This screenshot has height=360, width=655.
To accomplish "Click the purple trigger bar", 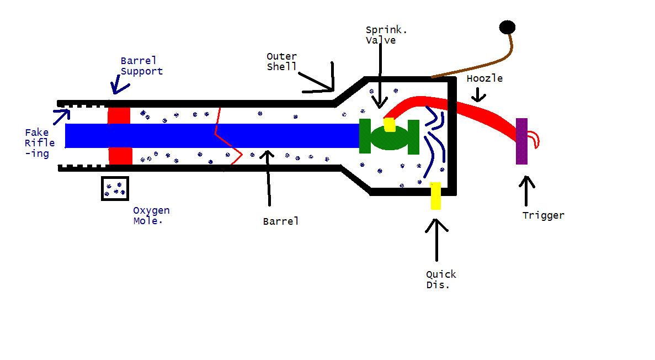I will [x=521, y=141].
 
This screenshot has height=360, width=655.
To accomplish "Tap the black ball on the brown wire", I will [x=507, y=27].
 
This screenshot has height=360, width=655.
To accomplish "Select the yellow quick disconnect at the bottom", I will [x=435, y=195].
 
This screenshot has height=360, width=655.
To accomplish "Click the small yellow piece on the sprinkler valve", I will [x=390, y=125].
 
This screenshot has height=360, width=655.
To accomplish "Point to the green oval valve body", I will [x=389, y=138].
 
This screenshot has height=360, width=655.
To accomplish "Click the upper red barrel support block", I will [x=119, y=115].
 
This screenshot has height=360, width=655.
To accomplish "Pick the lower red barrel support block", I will [x=120, y=156].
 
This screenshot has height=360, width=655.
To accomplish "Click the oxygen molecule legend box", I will [x=115, y=188].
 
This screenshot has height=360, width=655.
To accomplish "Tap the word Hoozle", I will [x=484, y=78].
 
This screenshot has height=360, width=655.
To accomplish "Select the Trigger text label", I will [x=544, y=215].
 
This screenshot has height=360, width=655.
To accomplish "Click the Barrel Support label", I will [x=142, y=66].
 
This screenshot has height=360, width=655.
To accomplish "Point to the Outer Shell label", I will [x=281, y=61].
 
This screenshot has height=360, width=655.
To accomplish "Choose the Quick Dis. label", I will [x=441, y=279].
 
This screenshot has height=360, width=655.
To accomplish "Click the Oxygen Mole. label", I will [x=151, y=215].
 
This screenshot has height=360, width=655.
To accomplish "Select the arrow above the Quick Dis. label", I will [x=436, y=240].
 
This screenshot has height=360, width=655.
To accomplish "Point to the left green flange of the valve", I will [x=365, y=136].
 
